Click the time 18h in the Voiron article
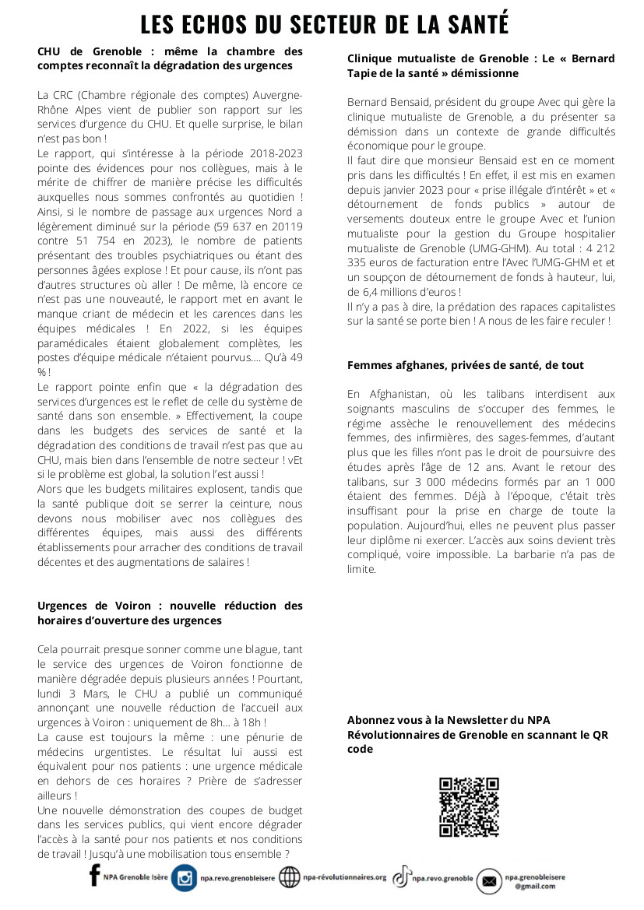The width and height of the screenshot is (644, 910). [263, 722]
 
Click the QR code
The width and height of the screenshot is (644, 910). [469, 806]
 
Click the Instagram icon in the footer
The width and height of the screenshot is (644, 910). [185, 878]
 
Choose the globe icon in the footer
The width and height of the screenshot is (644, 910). [289, 877]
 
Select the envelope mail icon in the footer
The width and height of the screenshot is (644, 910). [489, 881]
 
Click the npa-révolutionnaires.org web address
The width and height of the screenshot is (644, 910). [344, 877]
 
